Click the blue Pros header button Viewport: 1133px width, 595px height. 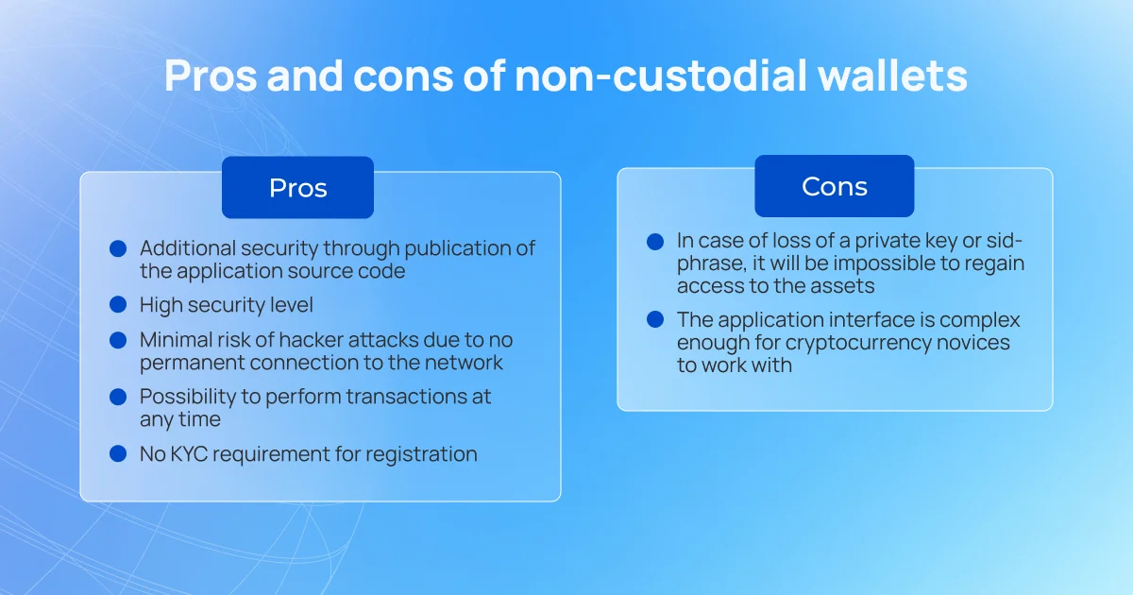298,187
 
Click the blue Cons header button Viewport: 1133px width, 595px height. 835,186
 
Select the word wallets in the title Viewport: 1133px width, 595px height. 893,76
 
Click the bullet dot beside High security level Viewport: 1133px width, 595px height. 118,304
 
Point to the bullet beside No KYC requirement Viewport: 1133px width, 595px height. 118,453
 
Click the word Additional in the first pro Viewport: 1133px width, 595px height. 188,248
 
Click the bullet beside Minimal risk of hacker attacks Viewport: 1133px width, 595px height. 118,340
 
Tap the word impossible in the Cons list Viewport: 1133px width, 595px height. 891,263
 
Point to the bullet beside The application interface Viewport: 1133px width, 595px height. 655,319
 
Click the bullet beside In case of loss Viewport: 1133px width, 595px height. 655,242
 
